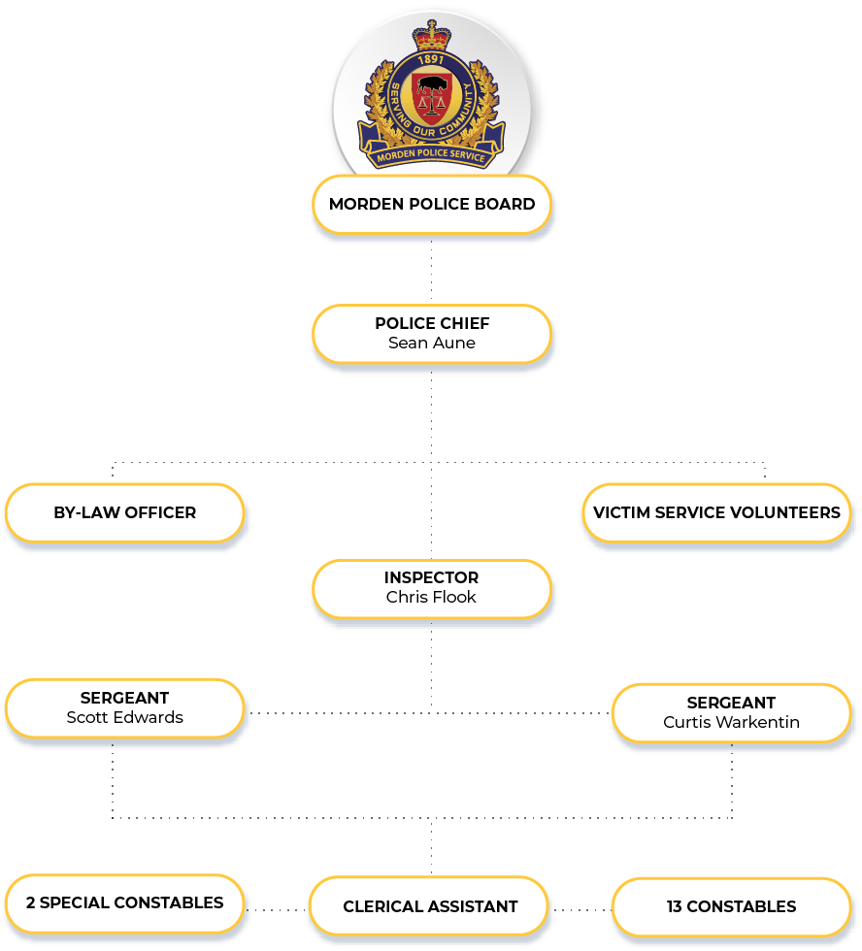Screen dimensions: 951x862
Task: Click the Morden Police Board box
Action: [x=432, y=205]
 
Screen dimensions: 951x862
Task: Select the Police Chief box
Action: [x=432, y=334]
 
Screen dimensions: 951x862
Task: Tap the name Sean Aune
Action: [x=432, y=344]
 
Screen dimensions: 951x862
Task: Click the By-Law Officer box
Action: [x=124, y=512]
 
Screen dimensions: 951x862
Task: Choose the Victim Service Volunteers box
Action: [x=716, y=512]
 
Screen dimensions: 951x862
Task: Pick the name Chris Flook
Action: [x=431, y=598]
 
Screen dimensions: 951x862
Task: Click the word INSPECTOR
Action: [x=431, y=578]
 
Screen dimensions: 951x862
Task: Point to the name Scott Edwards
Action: [x=124, y=718]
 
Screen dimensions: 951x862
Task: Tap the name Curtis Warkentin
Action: [x=731, y=723]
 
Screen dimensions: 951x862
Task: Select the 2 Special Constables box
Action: [x=124, y=903]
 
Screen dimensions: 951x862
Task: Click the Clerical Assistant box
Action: [x=430, y=907]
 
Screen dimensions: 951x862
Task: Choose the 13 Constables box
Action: [x=731, y=907]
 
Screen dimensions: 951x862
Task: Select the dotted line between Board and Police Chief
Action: [x=432, y=269]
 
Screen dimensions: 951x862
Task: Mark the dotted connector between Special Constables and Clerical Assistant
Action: [x=276, y=910]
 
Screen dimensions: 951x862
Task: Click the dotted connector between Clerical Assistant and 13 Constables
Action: [x=580, y=910]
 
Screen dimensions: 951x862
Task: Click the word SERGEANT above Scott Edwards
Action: [x=124, y=699]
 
